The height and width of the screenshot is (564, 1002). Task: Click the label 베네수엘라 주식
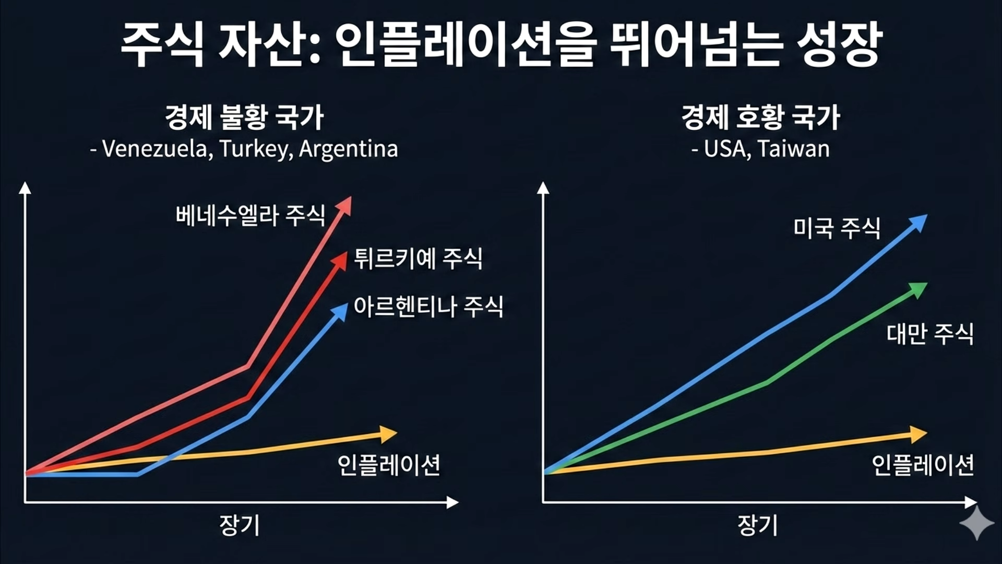click(x=250, y=215)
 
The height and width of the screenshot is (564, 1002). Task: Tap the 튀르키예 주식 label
click(x=418, y=258)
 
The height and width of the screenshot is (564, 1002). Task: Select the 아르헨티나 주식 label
click(x=428, y=306)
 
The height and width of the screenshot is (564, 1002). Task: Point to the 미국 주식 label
click(x=837, y=228)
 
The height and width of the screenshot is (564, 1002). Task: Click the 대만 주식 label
click(x=930, y=334)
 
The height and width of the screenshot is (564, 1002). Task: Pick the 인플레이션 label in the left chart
click(x=389, y=465)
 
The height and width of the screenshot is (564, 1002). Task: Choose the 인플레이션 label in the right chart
click(x=923, y=465)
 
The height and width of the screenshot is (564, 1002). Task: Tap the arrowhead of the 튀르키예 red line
click(x=341, y=260)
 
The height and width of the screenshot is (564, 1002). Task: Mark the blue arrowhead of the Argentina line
click(x=340, y=311)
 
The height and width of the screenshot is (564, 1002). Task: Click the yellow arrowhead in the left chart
click(x=388, y=434)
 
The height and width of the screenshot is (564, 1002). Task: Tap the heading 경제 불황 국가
click(x=244, y=118)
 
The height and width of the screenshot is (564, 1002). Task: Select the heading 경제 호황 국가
click(x=760, y=118)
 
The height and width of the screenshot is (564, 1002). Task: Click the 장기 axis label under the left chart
click(x=240, y=525)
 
